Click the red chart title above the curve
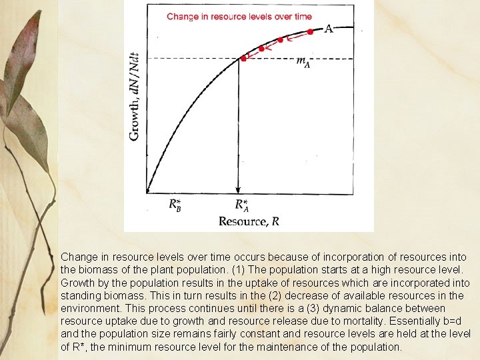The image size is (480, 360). tap(239, 17)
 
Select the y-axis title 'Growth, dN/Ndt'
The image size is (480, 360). tap(134, 96)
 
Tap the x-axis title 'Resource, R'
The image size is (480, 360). tap(249, 221)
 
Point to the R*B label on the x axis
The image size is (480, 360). tap(175, 205)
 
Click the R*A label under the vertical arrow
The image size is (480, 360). tap(241, 205)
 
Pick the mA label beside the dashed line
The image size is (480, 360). tap(303, 62)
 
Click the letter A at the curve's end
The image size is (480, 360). tap(329, 29)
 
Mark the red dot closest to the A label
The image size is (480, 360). tap(310, 31)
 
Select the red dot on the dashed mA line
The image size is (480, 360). tap(243, 59)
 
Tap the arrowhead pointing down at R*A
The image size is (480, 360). tap(239, 189)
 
